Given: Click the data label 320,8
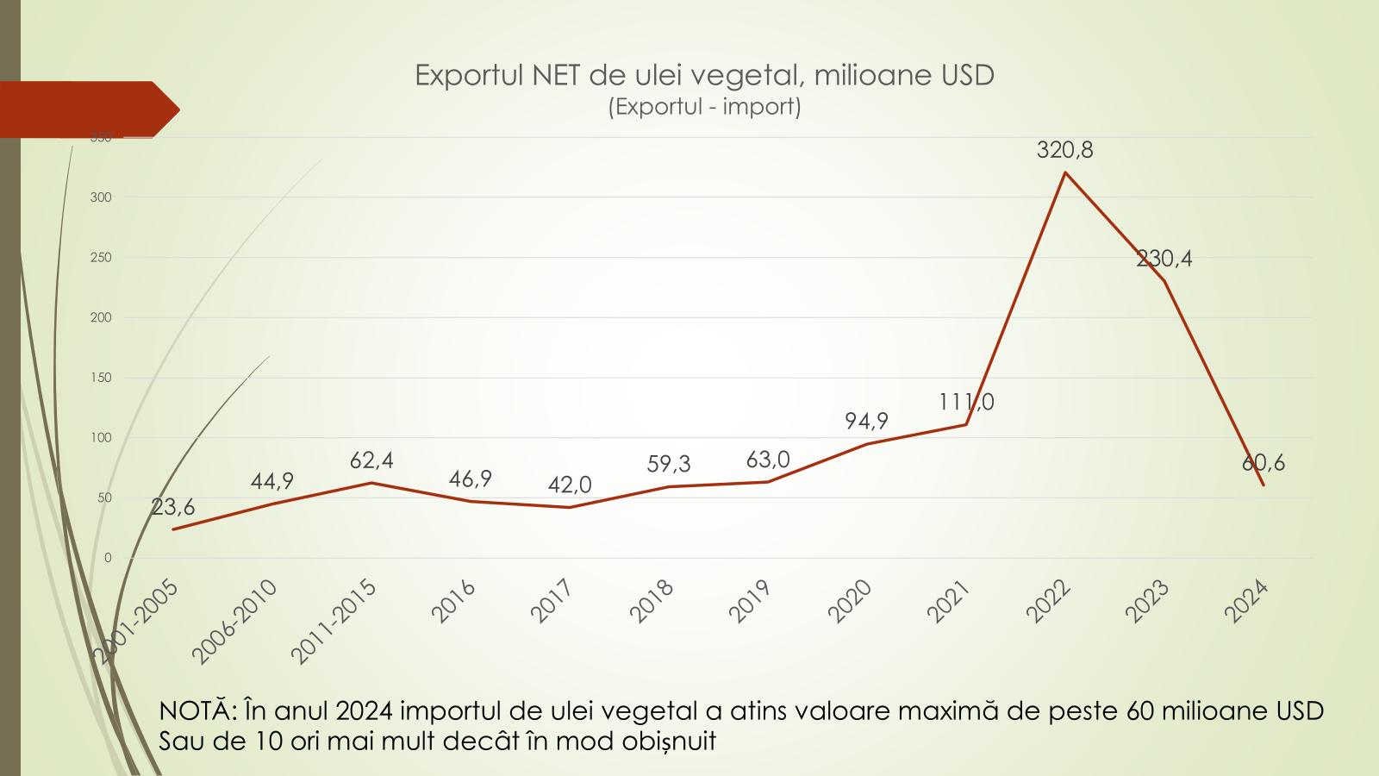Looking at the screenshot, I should coord(1064,150).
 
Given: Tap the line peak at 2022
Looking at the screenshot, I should coord(1065,172).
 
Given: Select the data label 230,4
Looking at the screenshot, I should coord(1164,259).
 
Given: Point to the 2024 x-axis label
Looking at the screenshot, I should coord(1246,601).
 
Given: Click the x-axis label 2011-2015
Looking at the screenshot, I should coord(334,622).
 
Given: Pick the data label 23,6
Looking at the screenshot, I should coord(173,507).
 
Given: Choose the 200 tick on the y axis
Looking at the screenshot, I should coord(101,317).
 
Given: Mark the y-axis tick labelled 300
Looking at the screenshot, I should coord(101,197).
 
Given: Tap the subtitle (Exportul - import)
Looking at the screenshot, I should coord(705,107).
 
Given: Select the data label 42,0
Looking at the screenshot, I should coord(570,485).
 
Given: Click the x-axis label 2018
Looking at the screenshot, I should coord(651,601).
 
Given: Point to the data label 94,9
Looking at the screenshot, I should coord(866,421).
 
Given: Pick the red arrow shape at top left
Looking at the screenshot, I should coord(86,110).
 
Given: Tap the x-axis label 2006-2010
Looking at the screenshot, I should coord(234,622).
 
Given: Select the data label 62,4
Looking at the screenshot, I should coord(371,460).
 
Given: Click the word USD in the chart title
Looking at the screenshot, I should coord(967,76).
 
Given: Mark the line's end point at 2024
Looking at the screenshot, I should coord(1264,485).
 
